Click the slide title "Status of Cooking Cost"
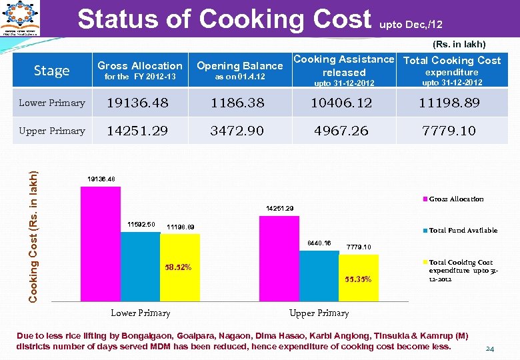(224, 19)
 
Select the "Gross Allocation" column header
(139, 65)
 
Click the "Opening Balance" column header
(239, 65)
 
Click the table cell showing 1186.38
(237, 103)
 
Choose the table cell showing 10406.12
(341, 103)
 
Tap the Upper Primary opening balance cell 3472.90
(237, 131)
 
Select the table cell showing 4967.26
(341, 131)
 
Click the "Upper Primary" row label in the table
(52, 131)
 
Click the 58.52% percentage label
(178, 267)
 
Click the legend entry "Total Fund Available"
(463, 231)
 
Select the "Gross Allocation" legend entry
(456, 199)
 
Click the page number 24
(490, 349)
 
